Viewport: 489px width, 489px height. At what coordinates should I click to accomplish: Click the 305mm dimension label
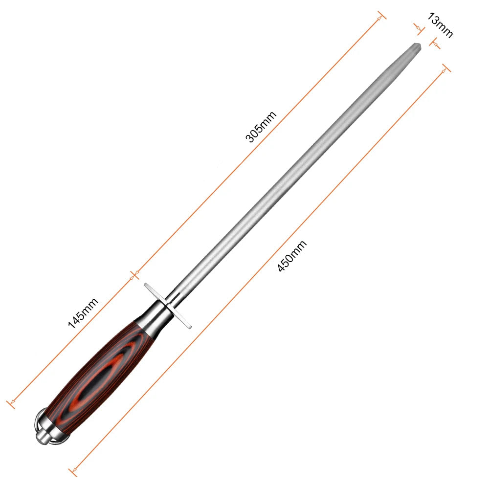261,126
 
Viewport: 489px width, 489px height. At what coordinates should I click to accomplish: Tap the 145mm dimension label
83,313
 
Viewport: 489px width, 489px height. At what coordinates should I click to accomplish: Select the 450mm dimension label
292,256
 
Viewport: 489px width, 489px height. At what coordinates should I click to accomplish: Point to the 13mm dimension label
440,25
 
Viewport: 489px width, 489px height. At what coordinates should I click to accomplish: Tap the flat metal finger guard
167,306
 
